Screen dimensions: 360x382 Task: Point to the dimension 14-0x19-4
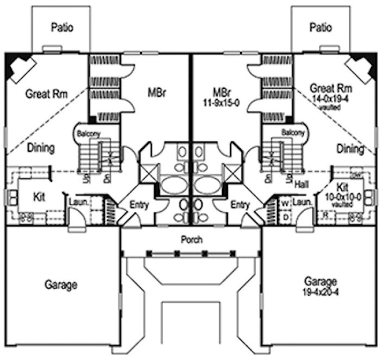(x=330, y=99)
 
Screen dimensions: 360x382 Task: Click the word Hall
(x=302, y=185)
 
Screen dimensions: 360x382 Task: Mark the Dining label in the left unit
(x=40, y=148)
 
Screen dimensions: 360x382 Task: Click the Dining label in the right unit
(x=350, y=148)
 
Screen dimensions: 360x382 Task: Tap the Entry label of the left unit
(x=140, y=205)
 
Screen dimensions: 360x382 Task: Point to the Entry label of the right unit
(x=240, y=205)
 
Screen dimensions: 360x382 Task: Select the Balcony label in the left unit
(x=87, y=133)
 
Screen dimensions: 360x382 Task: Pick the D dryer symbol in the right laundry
(x=284, y=217)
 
